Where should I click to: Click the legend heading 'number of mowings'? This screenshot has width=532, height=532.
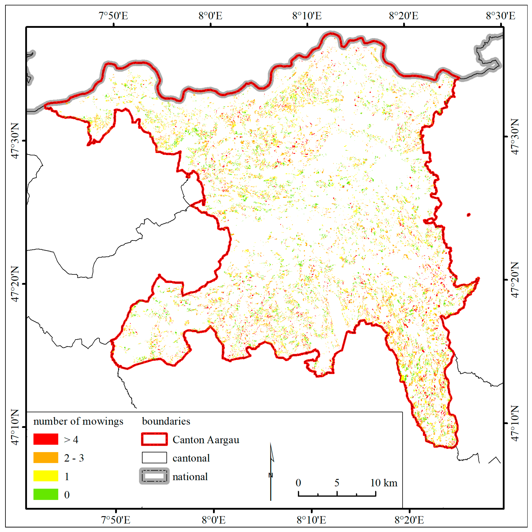78,421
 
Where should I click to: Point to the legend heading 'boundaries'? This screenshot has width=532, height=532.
166,421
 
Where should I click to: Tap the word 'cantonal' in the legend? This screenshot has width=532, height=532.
191,458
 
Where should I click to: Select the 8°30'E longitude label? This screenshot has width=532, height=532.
500,16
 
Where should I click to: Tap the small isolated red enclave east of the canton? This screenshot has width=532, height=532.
469,215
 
